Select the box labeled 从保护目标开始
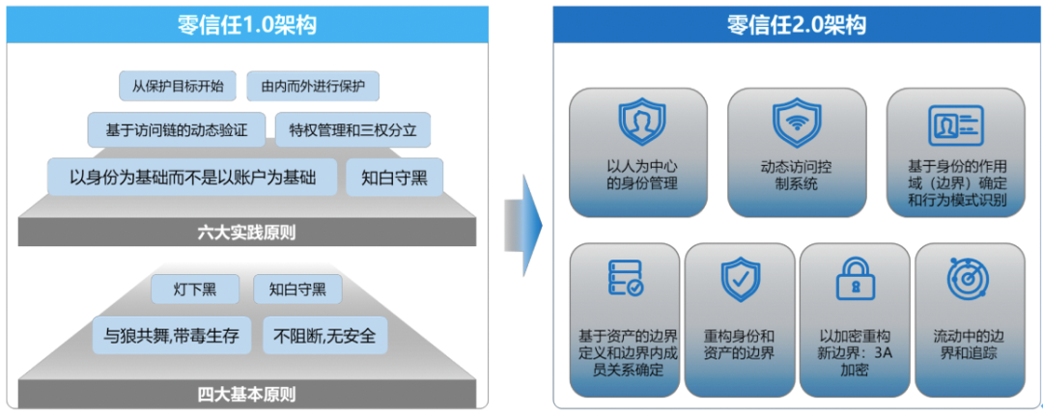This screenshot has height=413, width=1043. [178, 86]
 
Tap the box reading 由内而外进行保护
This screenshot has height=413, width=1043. [313, 86]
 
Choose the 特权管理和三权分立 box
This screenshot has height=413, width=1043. [352, 128]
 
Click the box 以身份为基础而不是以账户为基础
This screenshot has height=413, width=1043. [193, 178]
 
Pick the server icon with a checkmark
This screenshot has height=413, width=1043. [625, 278]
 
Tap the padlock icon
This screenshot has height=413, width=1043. [854, 279]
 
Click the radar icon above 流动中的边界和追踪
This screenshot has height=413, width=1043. [968, 279]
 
